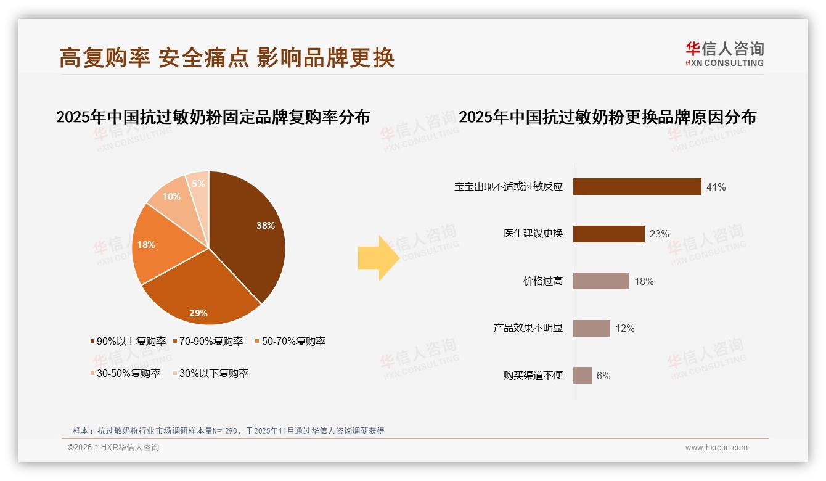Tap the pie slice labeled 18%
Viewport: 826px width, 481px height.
[x=157, y=247]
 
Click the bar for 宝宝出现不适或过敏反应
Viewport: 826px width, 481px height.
[x=637, y=186]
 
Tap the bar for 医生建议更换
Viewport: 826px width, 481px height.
[x=608, y=234]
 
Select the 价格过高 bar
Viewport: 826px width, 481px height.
[x=601, y=281]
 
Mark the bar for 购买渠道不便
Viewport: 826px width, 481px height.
[x=583, y=376]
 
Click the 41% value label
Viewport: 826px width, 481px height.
[x=716, y=187]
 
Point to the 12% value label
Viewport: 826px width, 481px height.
[x=624, y=329]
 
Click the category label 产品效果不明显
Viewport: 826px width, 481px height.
[x=528, y=328]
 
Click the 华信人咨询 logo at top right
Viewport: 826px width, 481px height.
[x=724, y=54]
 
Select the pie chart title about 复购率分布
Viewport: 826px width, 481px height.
[x=213, y=117]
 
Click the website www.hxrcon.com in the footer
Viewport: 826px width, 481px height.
[x=716, y=448]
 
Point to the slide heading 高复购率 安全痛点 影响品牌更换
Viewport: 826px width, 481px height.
[x=227, y=58]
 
